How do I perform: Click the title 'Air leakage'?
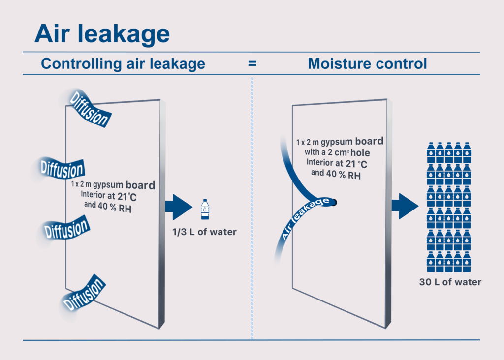(102, 34)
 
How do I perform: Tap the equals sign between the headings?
(252, 64)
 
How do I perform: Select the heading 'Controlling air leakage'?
(123, 64)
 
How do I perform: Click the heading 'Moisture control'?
(367, 64)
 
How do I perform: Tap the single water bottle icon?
(204, 209)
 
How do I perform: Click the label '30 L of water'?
(450, 282)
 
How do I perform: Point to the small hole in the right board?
(334, 201)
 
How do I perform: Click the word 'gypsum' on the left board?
(109, 186)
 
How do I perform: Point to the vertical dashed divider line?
(252, 207)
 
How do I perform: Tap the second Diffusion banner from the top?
(60, 169)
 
